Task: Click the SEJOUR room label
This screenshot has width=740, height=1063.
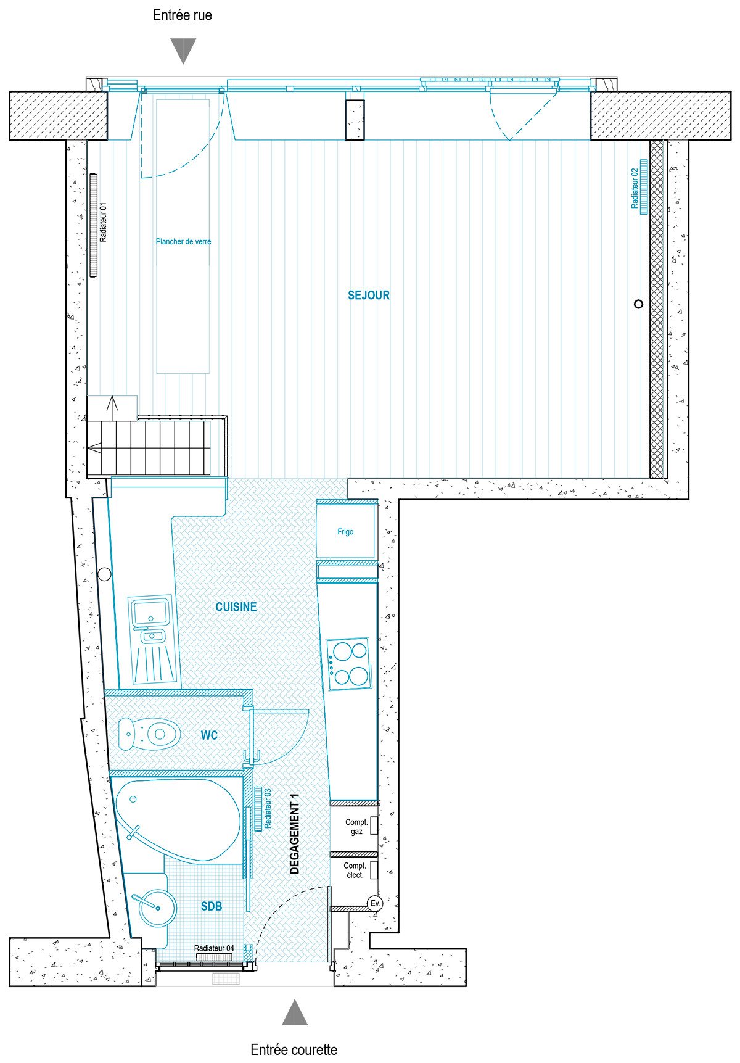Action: [369, 296]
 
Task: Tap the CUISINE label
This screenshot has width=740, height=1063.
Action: [236, 607]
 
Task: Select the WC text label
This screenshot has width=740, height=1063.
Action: [209, 735]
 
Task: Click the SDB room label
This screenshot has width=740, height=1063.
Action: [212, 906]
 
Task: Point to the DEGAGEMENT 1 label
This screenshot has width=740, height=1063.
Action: [294, 833]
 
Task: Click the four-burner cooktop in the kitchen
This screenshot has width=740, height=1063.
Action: [350, 664]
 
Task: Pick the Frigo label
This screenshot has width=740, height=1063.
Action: [345, 532]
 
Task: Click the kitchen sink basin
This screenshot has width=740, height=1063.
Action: [150, 612]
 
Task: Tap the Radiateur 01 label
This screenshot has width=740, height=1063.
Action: [104, 222]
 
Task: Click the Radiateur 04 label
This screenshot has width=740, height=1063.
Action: [214, 948]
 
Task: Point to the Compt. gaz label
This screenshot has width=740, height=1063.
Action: [356, 827]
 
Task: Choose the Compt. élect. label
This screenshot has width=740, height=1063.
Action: [355, 871]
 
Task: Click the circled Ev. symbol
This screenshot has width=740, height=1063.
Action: [374, 903]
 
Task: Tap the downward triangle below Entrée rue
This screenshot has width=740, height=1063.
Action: [183, 49]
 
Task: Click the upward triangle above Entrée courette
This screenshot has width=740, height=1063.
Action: [295, 1014]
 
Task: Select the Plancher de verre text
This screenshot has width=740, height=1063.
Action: [184, 242]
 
